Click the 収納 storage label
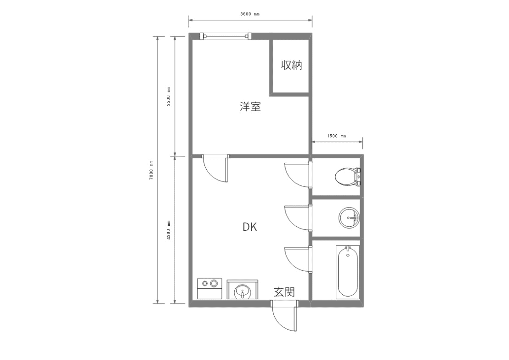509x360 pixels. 292,65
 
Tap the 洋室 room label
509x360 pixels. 250,108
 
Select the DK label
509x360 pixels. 250,227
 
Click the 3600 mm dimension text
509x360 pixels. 250,14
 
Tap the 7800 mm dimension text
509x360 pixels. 151,170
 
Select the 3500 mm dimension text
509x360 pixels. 169,96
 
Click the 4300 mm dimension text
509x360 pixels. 169,230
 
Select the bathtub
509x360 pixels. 348,272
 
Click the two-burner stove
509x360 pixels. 209,288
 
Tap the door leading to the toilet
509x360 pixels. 297,174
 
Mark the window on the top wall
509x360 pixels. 227,36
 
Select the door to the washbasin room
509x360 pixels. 297,217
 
